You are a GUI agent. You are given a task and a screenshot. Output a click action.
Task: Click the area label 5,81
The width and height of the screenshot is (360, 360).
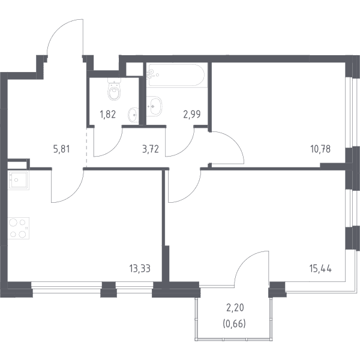[x=61, y=149]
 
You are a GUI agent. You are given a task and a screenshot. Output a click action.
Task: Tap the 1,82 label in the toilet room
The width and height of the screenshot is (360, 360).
[x=107, y=115]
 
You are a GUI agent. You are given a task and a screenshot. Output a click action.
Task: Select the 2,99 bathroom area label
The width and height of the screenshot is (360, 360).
[x=192, y=115]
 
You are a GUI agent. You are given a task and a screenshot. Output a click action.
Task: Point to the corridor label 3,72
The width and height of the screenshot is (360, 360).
[x=151, y=149]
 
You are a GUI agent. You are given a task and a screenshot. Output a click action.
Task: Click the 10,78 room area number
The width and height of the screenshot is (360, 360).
[x=320, y=149]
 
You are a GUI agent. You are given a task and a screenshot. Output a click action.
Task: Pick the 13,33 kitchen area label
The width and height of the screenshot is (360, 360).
[x=140, y=268]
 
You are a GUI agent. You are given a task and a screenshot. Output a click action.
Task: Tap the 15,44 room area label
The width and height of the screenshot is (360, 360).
[x=320, y=268]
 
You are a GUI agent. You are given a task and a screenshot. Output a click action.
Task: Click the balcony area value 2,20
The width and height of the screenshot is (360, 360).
[x=235, y=308]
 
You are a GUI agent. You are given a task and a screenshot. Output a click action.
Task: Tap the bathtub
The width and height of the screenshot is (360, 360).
[x=176, y=75]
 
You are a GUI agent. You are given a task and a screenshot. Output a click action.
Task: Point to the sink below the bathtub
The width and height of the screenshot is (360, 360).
[x=154, y=106]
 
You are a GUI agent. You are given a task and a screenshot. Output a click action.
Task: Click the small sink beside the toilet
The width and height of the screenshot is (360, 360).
[x=133, y=115]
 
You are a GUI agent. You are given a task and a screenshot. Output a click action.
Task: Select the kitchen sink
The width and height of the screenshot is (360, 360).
[x=19, y=181]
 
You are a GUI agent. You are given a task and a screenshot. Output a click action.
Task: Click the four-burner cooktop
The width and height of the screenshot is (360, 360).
[x=19, y=228]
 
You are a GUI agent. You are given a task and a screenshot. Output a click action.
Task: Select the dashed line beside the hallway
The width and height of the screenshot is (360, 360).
[x=87, y=148]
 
